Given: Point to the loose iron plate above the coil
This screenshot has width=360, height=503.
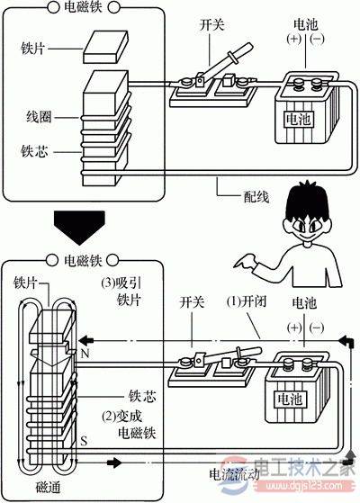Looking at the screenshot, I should [x=106, y=44].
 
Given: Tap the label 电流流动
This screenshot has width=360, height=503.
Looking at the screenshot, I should [x=236, y=472].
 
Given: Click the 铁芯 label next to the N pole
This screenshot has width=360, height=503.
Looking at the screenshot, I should [x=138, y=393].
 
